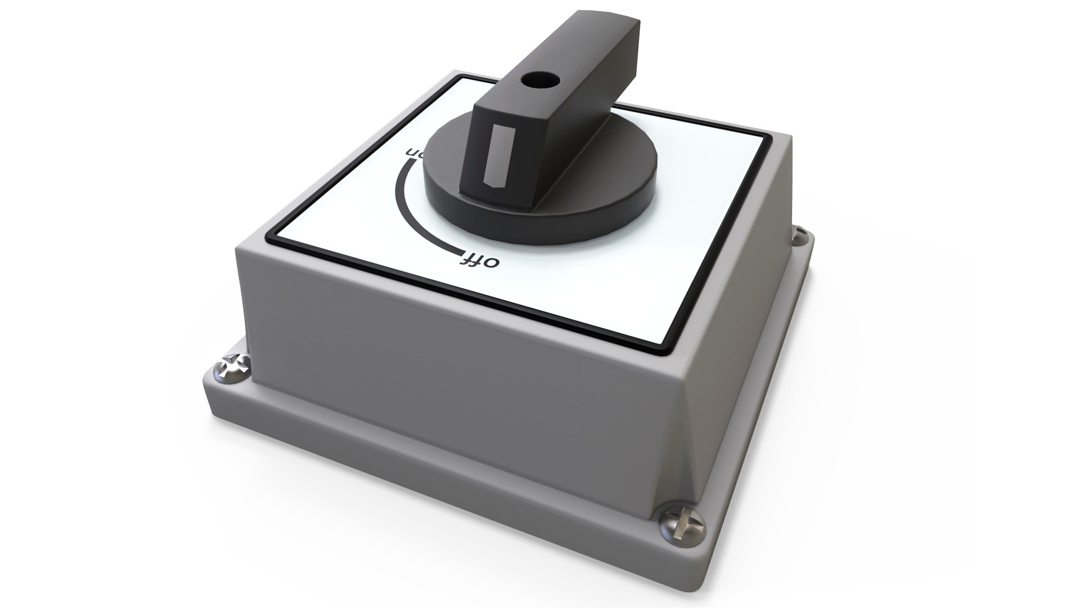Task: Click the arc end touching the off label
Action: [x=462, y=252]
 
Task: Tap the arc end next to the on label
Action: [x=413, y=160]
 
